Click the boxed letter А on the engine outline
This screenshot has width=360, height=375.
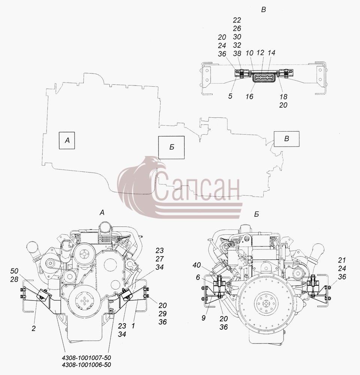click(67, 140)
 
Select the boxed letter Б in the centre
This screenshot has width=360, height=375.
click(172, 147)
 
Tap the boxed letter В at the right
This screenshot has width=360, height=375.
click(287, 139)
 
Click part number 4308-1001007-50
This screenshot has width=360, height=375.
click(87, 358)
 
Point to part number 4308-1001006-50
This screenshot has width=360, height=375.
click(87, 365)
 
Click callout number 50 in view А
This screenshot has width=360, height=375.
click(14, 271)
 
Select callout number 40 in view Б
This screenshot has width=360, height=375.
click(197, 265)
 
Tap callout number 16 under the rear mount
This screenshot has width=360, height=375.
click(249, 96)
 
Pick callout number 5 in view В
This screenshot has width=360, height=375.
click(230, 96)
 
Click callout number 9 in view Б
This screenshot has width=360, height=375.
click(203, 318)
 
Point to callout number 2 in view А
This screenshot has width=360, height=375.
click(33, 328)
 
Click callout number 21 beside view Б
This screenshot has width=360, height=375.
click(342, 260)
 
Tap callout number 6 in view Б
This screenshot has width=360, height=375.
click(198, 277)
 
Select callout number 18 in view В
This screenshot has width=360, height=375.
click(283, 97)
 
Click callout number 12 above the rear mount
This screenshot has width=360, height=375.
click(260, 52)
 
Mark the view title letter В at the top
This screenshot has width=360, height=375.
click(263, 10)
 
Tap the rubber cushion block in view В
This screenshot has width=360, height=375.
click(264, 78)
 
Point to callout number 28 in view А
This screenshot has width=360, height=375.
click(14, 279)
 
